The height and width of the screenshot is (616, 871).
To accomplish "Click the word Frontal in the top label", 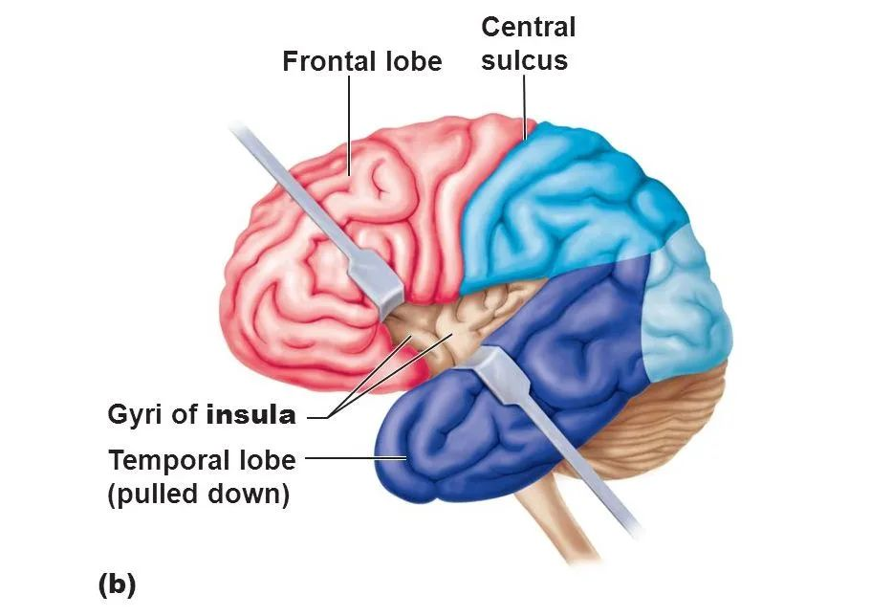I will pyautogui.click(x=325, y=62).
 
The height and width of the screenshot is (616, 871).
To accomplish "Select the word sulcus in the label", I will pyautogui.click(x=524, y=60).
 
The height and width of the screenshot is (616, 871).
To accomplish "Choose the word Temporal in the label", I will pyautogui.click(x=166, y=460).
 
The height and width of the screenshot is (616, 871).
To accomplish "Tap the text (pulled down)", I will pyautogui.click(x=199, y=496).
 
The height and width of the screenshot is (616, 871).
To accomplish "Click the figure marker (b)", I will pyautogui.click(x=117, y=583).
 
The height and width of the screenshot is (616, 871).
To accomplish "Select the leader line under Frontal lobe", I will pyautogui.click(x=350, y=124).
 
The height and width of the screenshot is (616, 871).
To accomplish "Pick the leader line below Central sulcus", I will pyautogui.click(x=525, y=105).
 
